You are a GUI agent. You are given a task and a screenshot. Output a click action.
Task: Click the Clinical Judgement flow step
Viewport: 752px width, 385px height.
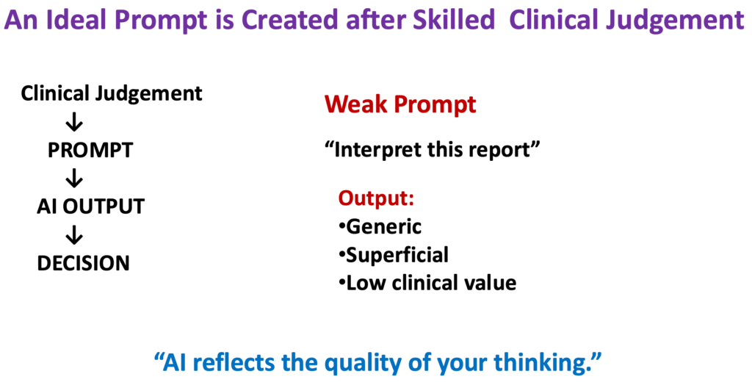(112, 93)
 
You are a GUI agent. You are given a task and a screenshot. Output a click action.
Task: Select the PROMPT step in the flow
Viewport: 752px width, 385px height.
(90, 151)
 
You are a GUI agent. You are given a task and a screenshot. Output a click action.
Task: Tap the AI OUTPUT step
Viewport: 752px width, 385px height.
(90, 206)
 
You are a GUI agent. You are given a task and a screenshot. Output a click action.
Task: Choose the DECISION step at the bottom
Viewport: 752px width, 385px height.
(83, 262)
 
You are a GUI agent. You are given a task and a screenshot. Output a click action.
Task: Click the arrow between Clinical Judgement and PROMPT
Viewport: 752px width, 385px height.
(74, 123)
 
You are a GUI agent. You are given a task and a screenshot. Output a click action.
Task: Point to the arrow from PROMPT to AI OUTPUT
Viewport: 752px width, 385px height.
(74, 179)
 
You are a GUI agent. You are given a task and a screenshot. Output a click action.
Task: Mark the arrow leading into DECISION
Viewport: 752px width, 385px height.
(74, 234)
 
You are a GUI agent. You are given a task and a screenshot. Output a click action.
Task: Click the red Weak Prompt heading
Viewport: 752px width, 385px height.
(400, 104)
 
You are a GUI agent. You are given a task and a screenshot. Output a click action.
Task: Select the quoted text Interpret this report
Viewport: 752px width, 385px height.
(433, 151)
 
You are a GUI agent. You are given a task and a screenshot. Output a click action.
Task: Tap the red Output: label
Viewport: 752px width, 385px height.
(376, 198)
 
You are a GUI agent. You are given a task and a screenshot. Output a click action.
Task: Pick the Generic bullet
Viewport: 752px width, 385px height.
(380, 226)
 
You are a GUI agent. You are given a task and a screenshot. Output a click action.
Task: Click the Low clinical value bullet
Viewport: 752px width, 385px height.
(427, 282)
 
